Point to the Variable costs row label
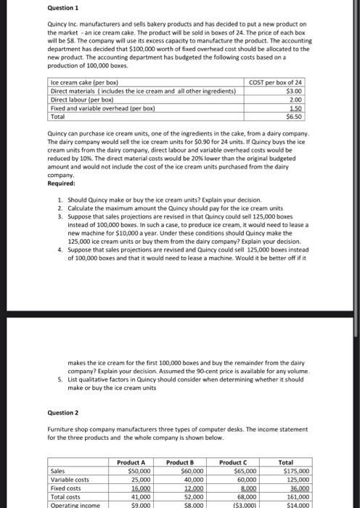pos(70,479)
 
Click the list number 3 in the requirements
pos(59,216)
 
